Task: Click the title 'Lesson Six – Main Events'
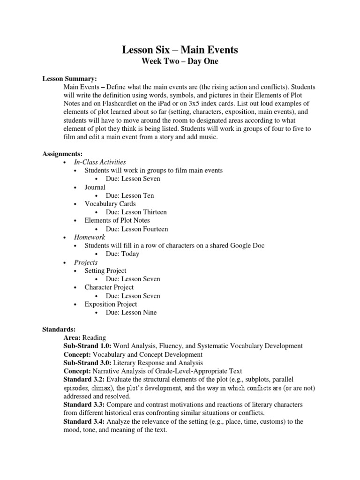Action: (180, 50)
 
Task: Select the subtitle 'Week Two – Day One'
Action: (180, 61)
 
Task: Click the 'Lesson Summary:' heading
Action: (69, 79)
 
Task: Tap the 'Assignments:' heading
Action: (62, 153)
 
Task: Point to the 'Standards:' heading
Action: (59, 330)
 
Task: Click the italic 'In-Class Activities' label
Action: (100, 162)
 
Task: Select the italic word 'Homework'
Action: (90, 238)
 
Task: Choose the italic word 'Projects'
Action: (86, 262)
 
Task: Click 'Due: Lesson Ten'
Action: (130, 195)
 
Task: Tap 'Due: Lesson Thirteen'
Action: (136, 212)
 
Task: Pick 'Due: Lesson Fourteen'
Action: (137, 229)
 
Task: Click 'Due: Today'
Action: (122, 254)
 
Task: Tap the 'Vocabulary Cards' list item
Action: (110, 204)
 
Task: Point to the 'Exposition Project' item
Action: (111, 304)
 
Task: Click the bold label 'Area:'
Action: (72, 337)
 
